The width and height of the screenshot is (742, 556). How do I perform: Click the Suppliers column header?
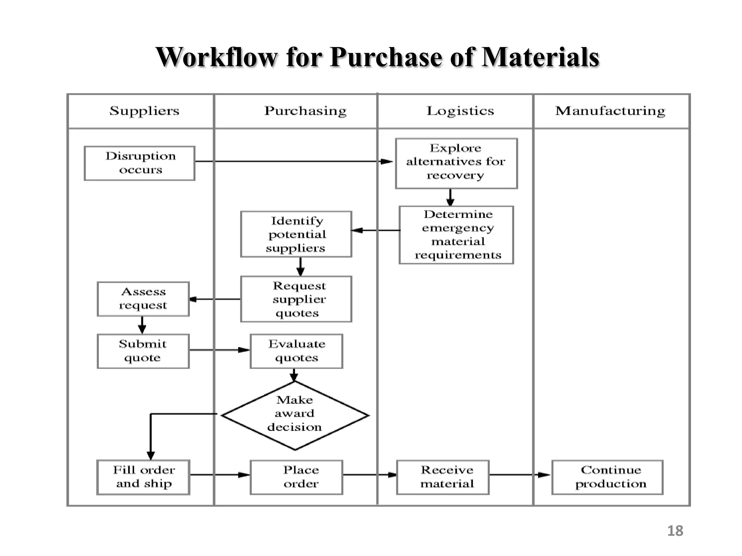coord(144,111)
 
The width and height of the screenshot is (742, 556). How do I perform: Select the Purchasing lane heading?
coord(305,111)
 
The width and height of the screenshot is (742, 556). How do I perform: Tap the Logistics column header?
coord(460,111)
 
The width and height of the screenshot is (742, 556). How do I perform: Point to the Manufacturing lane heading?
coord(610,111)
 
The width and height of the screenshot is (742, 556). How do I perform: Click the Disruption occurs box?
coord(140,163)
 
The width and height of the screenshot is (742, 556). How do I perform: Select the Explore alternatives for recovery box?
coord(456,163)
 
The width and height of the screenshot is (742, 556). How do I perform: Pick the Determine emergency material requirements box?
coord(456,235)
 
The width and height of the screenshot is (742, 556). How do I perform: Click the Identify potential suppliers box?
coord(296,234)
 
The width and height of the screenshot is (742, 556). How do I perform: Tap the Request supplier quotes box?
coord(296,299)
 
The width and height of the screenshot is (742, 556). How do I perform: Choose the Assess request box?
coord(143,299)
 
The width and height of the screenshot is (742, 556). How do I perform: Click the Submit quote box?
coord(143,351)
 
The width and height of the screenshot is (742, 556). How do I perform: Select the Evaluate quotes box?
coord(296,351)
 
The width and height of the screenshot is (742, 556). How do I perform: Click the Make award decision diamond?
coord(295,415)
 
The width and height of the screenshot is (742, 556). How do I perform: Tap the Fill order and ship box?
coord(143,477)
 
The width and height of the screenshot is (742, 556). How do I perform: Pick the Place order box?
coord(296,477)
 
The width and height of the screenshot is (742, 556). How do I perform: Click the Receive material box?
coord(443,477)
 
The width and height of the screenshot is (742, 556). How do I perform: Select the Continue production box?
coord(607,477)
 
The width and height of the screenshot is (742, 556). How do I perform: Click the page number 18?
coord(675,531)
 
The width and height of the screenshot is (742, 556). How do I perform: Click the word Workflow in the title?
coord(216,57)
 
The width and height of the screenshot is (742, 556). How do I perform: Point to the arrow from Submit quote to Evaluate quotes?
coord(220,350)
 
